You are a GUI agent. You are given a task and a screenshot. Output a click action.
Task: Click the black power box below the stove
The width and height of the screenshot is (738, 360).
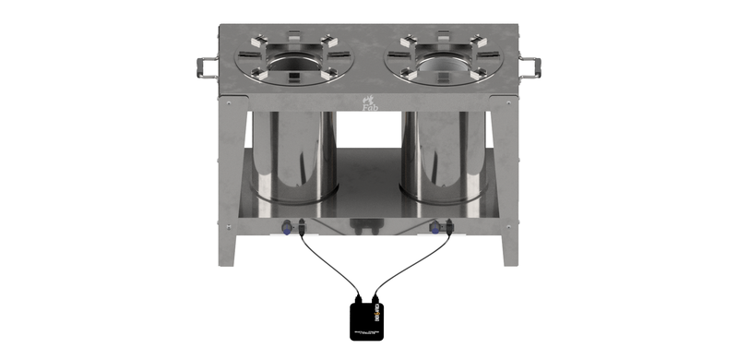point(369,317)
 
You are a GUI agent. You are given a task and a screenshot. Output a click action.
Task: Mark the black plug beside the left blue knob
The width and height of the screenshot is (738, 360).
point(301,225)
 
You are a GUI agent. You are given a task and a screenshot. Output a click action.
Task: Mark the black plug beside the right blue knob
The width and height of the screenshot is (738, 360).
point(449,225)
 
